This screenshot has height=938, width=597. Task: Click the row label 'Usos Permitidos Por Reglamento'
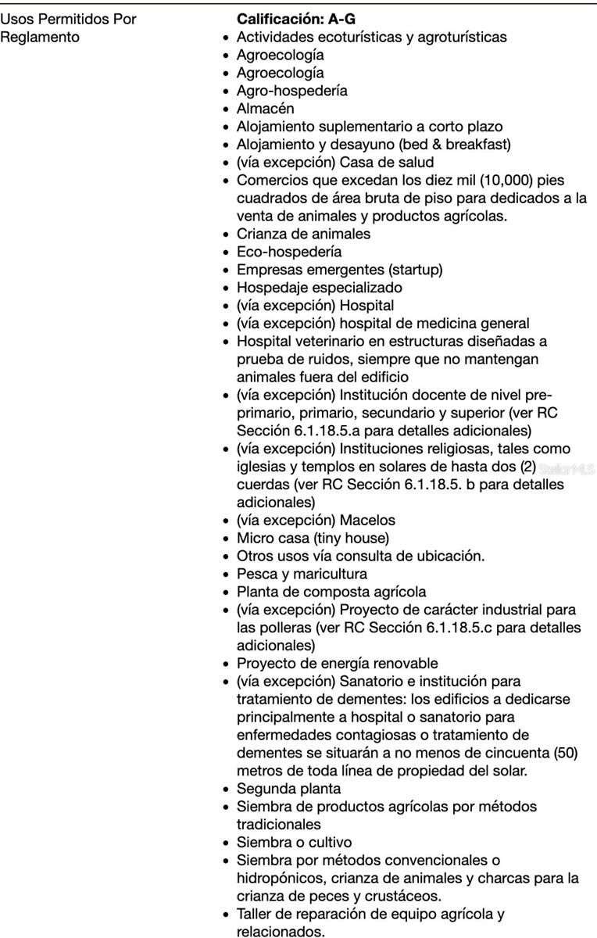pyautogui.click(x=68, y=27)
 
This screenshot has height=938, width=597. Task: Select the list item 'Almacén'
pyautogui.click(x=265, y=109)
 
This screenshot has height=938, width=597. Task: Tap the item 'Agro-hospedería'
pyautogui.click(x=291, y=91)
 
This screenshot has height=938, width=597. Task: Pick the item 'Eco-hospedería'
pyautogui.click(x=288, y=252)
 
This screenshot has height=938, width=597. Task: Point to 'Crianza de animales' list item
pyautogui.click(x=303, y=234)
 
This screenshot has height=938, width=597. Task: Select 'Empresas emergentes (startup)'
pyautogui.click(x=339, y=270)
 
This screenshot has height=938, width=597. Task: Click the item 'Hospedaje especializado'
pyautogui.click(x=320, y=288)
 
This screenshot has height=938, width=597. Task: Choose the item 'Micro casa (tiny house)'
pyautogui.click(x=313, y=538)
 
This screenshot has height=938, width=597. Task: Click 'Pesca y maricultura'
pyautogui.click(x=302, y=574)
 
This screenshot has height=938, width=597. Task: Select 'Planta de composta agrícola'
pyautogui.click(x=332, y=592)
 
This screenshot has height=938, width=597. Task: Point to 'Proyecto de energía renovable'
pyautogui.click(x=337, y=664)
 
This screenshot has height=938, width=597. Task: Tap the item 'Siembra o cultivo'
pyautogui.click(x=294, y=843)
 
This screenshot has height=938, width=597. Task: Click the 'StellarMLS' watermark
pyautogui.click(x=567, y=469)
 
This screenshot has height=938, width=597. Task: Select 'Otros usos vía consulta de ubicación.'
pyautogui.click(x=360, y=556)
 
